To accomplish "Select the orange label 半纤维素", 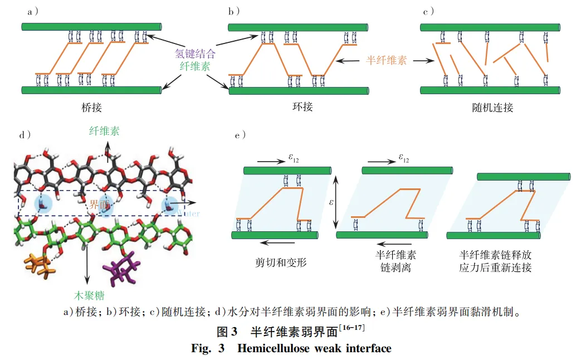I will [x=387, y=60].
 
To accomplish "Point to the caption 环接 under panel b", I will [x=302, y=106].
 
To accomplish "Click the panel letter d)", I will [x=25, y=134].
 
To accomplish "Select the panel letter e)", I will [x=241, y=134].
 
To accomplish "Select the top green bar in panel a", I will [x=91, y=27].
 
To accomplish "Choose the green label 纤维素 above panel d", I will [x=104, y=132].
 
